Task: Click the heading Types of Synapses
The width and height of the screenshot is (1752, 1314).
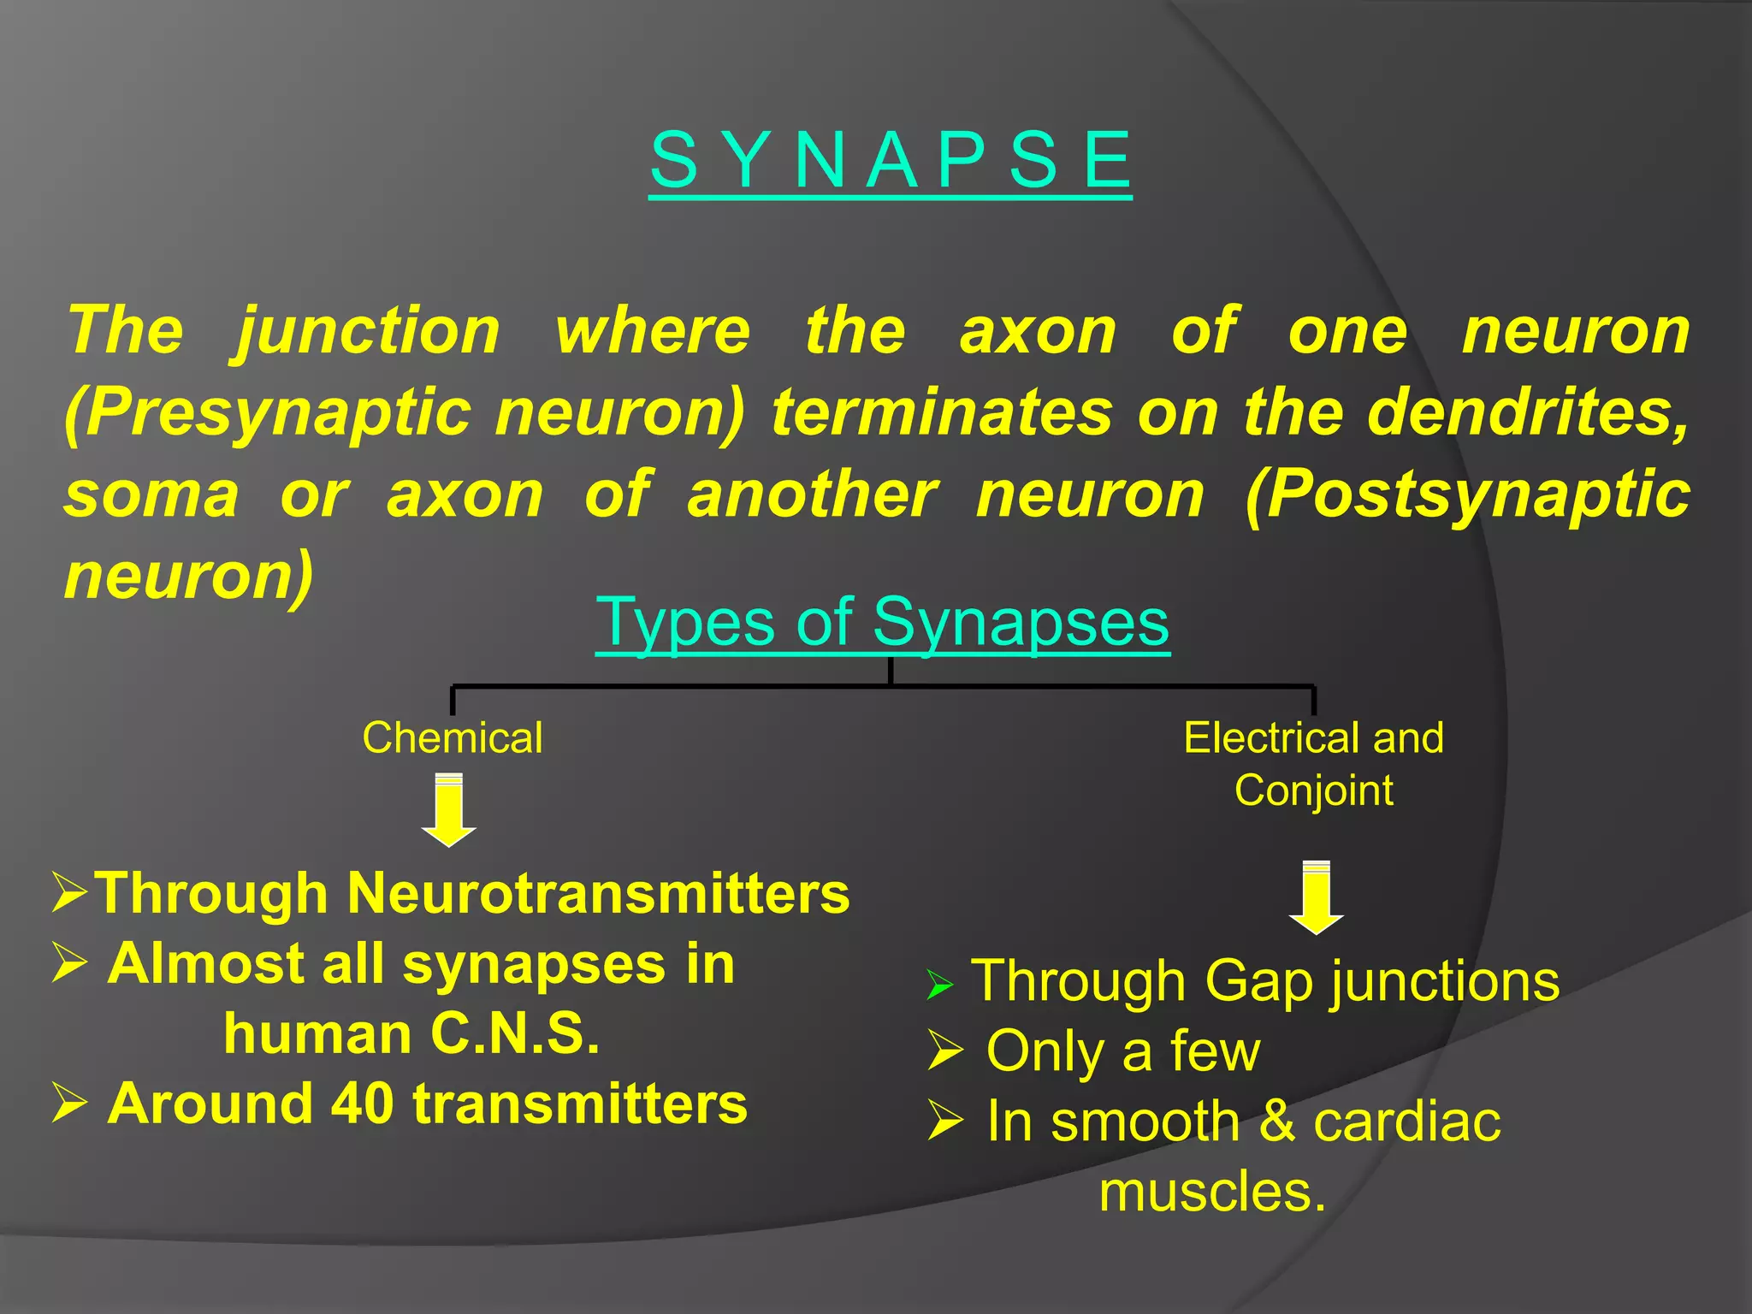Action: tap(882, 622)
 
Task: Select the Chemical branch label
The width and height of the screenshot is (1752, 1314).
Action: tap(452, 737)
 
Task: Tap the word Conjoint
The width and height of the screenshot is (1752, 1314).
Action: tap(1313, 790)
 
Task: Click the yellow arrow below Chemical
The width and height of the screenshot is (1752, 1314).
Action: tap(449, 809)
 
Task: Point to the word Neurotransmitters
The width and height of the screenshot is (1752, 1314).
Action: tap(598, 893)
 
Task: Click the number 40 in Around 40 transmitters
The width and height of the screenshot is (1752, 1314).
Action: tap(362, 1104)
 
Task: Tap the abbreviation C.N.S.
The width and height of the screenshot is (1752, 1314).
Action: tap(515, 1033)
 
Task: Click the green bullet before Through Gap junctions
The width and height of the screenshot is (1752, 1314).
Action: tap(939, 985)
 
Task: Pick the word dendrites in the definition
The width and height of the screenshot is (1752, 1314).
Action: tap(1526, 412)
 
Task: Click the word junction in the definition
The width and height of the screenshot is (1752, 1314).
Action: tap(367, 332)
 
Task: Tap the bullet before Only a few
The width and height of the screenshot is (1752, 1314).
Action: tap(945, 1051)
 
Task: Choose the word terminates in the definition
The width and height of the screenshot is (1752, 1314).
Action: tap(942, 412)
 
